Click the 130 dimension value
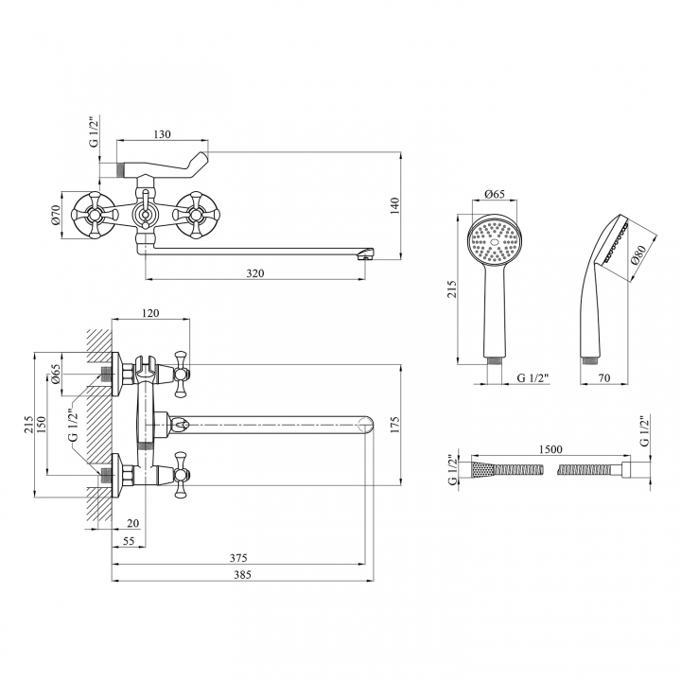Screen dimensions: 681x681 coord(162,133)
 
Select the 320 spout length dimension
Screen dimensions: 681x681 coord(255,273)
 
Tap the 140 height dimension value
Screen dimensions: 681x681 coord(394,206)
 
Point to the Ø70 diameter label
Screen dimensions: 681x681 coord(55,215)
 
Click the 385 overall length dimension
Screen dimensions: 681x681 coord(242,575)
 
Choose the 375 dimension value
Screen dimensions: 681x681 coord(238,557)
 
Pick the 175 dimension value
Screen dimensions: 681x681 coord(394,426)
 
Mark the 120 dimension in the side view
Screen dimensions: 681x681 coord(150,313)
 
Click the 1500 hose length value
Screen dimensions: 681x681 coord(550,449)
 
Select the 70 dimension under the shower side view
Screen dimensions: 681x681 coord(604,377)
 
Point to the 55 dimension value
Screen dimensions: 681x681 coord(129,541)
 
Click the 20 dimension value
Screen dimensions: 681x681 coord(133,523)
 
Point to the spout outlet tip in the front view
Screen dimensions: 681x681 coord(367,253)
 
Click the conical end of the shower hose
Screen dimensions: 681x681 coord(483,470)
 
